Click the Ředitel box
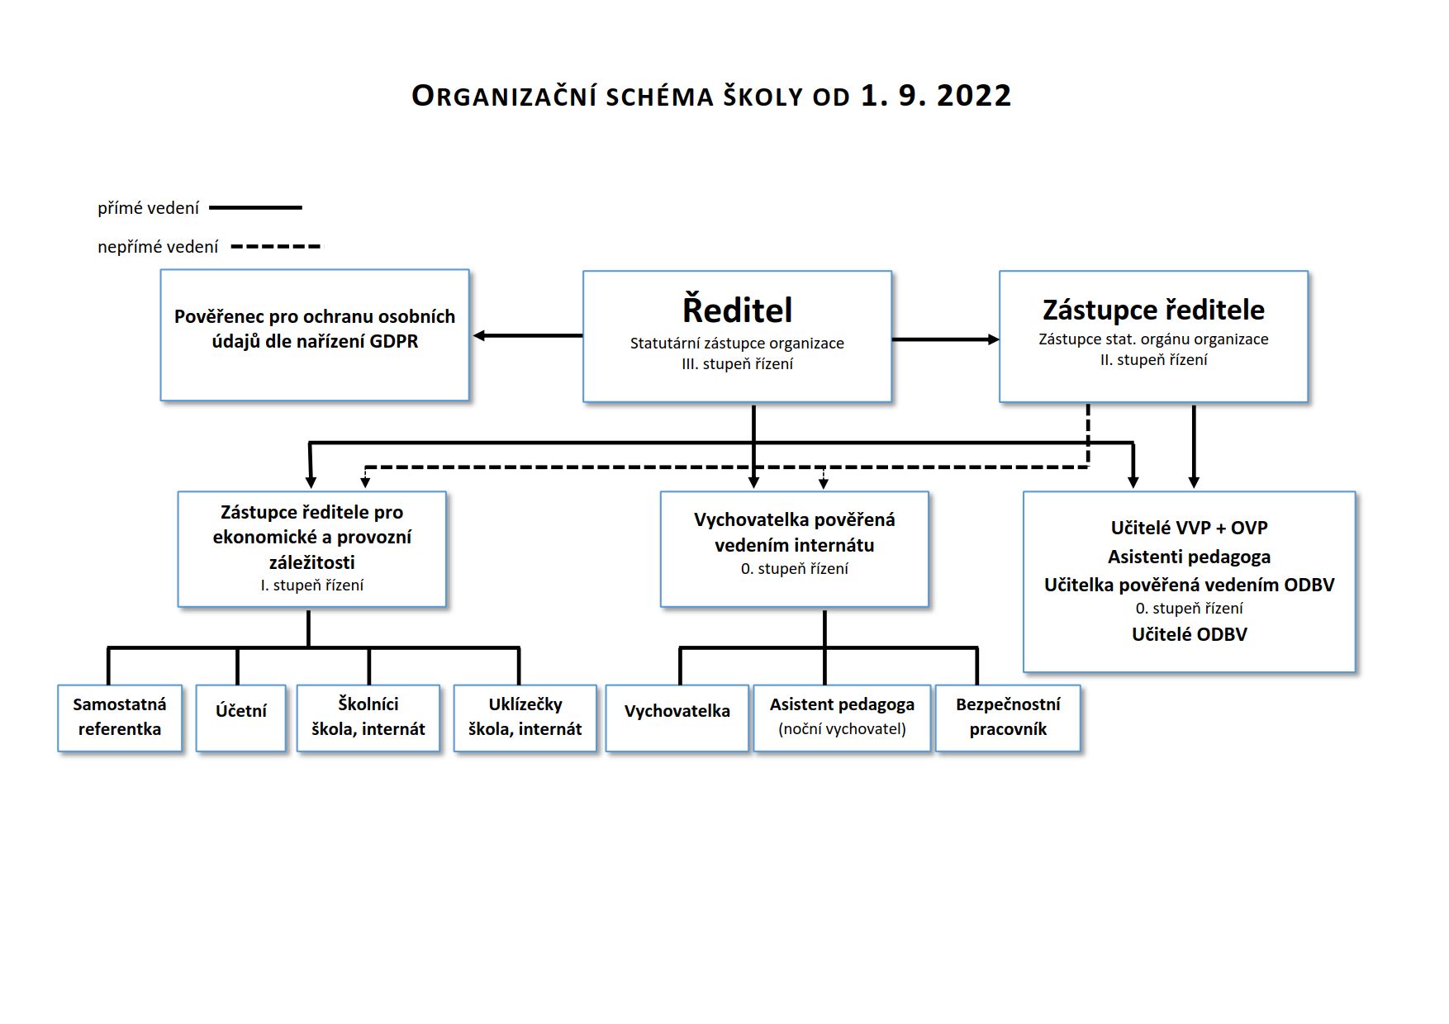[x=737, y=336]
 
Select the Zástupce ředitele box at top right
[x=1153, y=336]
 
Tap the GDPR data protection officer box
[x=315, y=335]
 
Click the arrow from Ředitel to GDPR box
[x=528, y=336]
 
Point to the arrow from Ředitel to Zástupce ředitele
[x=946, y=339]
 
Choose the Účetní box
[x=241, y=718]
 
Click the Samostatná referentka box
[x=120, y=718]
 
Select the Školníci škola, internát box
[x=368, y=718]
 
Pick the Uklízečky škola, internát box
[x=525, y=718]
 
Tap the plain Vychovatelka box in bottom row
[x=677, y=718]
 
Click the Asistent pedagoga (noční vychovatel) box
[x=843, y=718]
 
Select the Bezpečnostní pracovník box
[x=1008, y=718]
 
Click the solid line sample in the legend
[x=256, y=208]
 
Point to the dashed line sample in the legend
[x=277, y=246]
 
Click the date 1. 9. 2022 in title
[x=936, y=96]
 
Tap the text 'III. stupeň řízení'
[x=737, y=364]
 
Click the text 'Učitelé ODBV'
[x=1190, y=634]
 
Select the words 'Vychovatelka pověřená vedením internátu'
[x=795, y=533]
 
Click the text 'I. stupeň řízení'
[x=312, y=585]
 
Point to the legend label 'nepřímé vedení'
[x=158, y=247]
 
